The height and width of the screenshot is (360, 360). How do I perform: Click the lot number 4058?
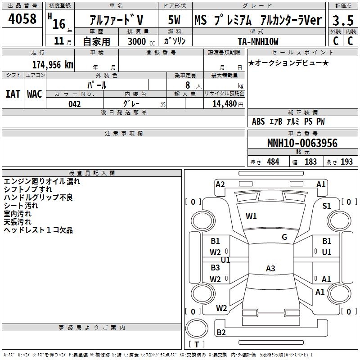[22, 19]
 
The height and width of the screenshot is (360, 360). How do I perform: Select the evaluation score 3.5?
[342, 20]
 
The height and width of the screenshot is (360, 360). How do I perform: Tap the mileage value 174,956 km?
[53, 64]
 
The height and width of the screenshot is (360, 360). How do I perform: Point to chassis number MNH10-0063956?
[302, 143]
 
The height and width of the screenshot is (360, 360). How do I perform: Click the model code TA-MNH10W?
[258, 41]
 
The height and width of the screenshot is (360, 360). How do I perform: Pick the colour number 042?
[75, 104]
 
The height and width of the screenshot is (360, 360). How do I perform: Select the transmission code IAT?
[13, 94]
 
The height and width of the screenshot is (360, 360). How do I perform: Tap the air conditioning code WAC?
[34, 94]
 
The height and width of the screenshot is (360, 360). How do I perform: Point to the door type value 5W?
[175, 20]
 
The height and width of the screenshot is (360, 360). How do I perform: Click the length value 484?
[273, 162]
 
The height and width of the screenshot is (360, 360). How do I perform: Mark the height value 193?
[346, 162]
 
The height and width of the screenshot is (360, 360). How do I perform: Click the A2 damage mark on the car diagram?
[220, 184]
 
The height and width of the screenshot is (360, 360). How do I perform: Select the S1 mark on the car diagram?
[326, 206]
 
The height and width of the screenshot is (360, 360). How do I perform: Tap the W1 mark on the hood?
[251, 216]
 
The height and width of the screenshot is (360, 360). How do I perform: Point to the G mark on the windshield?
[284, 237]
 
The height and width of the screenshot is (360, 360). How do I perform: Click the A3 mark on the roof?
[270, 269]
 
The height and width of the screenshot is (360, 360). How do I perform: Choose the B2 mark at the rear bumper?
[221, 333]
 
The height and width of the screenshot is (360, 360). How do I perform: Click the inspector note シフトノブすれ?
[28, 189]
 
